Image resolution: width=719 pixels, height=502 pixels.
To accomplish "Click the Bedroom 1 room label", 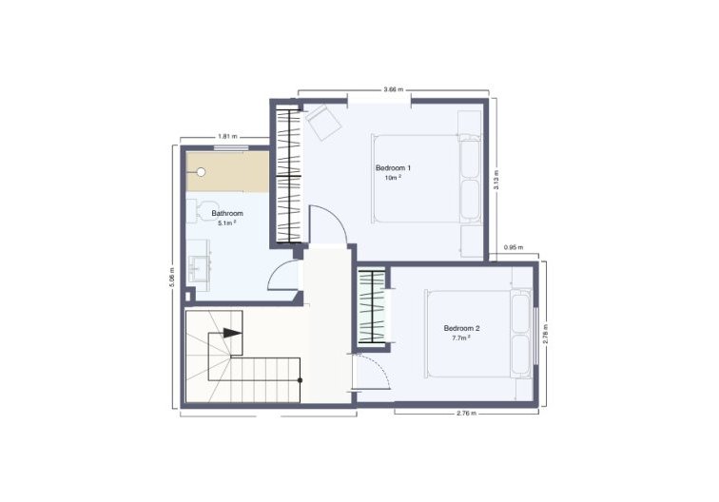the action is (393, 167).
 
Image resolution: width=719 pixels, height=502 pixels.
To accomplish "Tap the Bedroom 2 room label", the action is (461, 328).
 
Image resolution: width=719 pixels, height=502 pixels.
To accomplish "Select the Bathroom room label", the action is (227, 213).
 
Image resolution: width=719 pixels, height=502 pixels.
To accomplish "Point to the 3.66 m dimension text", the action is (394, 90).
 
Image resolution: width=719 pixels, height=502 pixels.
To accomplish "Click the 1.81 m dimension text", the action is (228, 136).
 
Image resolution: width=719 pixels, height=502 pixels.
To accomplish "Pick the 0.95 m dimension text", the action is (514, 247).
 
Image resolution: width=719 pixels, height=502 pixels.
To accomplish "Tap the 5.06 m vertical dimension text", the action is (172, 277).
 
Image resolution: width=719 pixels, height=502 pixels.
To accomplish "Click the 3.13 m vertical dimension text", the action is (496, 180).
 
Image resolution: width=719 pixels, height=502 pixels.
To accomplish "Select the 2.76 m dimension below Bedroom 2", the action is (467, 413).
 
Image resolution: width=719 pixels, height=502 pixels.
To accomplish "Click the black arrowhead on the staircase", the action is (232, 334).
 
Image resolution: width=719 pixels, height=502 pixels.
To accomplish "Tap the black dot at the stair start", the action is (300, 380).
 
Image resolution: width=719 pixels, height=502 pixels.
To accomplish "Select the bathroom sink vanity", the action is (199, 265).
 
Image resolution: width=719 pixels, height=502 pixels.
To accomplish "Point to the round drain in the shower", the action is (201, 172).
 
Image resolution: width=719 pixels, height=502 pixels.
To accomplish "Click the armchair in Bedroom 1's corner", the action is (322, 121).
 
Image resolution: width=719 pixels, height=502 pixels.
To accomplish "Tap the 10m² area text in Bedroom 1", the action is (393, 178).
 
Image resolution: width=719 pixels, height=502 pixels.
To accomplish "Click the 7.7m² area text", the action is (461, 338).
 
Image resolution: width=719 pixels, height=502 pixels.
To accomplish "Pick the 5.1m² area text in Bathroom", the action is (227, 223).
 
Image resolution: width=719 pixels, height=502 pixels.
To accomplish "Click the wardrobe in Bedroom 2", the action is (372, 307).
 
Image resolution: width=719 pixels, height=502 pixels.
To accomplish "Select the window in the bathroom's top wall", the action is (231, 147).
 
